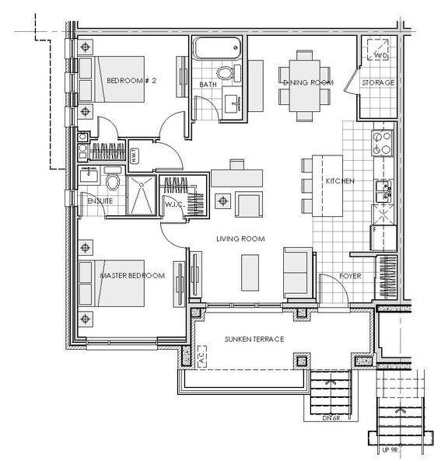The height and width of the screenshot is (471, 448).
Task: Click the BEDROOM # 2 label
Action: [x=132, y=81]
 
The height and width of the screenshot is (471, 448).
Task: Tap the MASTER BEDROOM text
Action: [x=132, y=276]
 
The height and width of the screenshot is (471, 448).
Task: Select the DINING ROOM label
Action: [x=306, y=82]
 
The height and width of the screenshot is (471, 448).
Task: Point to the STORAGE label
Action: [x=378, y=82]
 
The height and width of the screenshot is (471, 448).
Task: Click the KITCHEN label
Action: [x=339, y=181]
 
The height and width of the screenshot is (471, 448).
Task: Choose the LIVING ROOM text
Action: [x=241, y=239]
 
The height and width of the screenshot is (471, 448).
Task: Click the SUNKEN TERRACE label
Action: [x=254, y=340]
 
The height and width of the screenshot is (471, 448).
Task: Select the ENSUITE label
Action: [x=100, y=201]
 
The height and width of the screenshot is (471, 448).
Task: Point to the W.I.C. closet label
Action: [x=173, y=204]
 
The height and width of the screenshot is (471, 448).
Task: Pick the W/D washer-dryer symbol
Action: [x=380, y=53]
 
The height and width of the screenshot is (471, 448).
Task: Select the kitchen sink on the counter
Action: [x=383, y=187]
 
